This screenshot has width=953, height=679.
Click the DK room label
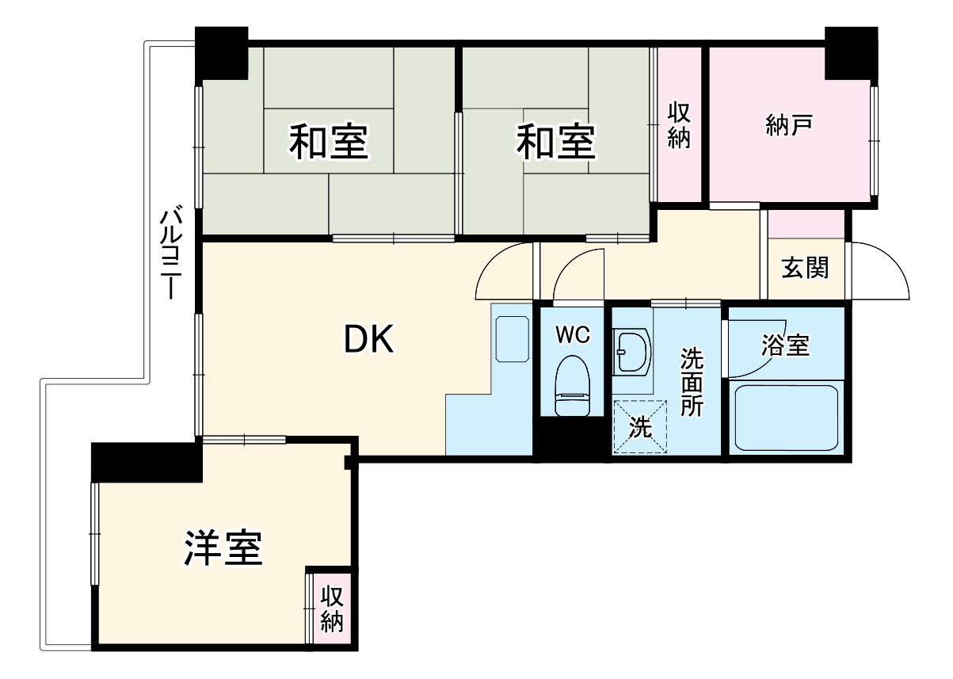pos(368,340)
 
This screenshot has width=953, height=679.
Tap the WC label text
pos(572,335)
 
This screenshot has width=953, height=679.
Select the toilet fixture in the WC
pos(573,385)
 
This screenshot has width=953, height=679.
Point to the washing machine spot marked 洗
pos(640,427)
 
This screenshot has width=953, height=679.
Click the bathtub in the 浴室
pos(787,418)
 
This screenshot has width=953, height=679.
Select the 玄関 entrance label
pos(805,269)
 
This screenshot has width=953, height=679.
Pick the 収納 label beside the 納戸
pos(679,124)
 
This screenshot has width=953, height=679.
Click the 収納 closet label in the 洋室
pos(332,608)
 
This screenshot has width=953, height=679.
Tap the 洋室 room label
pos(223,547)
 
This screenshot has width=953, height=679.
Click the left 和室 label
pos(328,143)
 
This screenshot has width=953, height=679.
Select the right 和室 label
pos(556,143)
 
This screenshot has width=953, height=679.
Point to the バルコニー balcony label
pos(170,253)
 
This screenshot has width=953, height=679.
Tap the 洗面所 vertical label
pos(692,383)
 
